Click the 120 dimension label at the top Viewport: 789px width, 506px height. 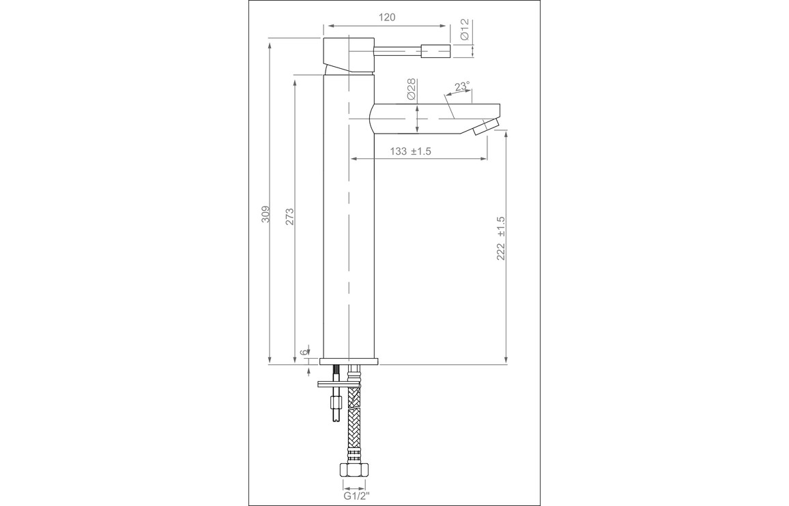[386, 17]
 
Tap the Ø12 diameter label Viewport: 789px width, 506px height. [464, 30]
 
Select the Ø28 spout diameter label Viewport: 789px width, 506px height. [410, 89]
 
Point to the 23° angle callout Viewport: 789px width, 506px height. [463, 86]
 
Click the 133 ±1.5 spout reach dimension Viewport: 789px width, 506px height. [411, 151]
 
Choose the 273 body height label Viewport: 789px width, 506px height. [289, 216]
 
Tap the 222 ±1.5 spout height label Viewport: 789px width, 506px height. [501, 239]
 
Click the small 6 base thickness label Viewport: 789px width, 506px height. [303, 353]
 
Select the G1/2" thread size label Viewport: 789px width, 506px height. [354, 497]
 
